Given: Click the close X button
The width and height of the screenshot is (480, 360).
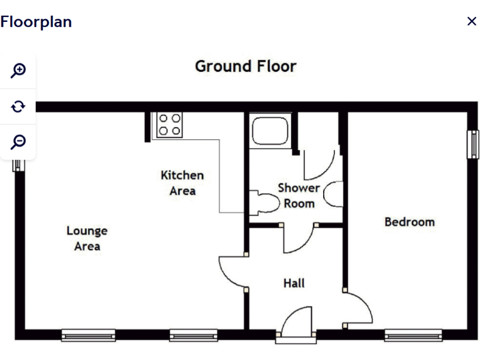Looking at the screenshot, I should point(471,21).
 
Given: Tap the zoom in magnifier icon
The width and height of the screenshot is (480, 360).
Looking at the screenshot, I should point(18,71).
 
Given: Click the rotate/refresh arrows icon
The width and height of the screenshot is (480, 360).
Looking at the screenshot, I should point(18,106).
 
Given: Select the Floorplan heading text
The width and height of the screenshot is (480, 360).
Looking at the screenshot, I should point(36,22).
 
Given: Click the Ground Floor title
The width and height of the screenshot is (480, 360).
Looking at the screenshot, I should point(246,66).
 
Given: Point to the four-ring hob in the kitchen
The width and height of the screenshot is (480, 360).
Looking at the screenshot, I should point(169,124).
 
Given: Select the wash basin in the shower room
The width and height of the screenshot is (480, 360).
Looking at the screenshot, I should point(335,193).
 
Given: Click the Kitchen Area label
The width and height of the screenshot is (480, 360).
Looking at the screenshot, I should point(182,182).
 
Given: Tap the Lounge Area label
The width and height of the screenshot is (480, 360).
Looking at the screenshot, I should point(87,238).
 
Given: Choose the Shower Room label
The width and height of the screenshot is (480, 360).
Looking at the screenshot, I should point(299,195).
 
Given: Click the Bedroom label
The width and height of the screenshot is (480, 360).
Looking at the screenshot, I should point(409,222).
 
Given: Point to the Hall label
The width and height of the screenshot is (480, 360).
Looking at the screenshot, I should point(294,283).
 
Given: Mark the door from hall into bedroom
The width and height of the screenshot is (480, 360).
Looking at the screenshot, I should point(359,308).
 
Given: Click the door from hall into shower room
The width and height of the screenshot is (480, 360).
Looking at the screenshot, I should point(299,239).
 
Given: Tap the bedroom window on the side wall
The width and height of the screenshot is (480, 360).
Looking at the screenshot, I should point(473,144).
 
